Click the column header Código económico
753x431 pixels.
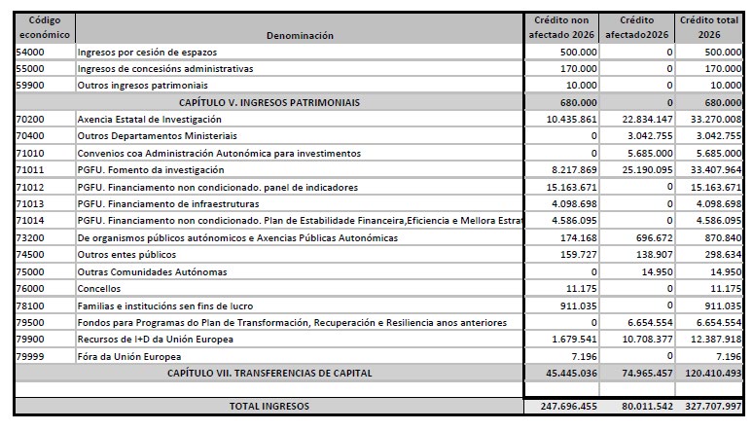[x=44, y=27]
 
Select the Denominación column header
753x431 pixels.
[x=301, y=35]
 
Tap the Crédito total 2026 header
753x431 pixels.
[x=711, y=27]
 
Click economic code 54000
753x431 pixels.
[x=31, y=51]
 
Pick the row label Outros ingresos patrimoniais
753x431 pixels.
[x=142, y=85]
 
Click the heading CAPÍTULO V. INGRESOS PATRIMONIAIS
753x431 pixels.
[x=269, y=101]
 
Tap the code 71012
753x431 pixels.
[x=31, y=187]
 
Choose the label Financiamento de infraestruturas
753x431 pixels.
[x=155, y=203]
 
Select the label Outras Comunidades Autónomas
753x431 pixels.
[x=152, y=271]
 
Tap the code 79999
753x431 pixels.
[x=31, y=356]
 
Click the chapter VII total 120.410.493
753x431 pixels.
[x=713, y=373]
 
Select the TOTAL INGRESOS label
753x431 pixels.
[x=269, y=406]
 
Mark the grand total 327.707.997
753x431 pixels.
[x=713, y=406]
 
